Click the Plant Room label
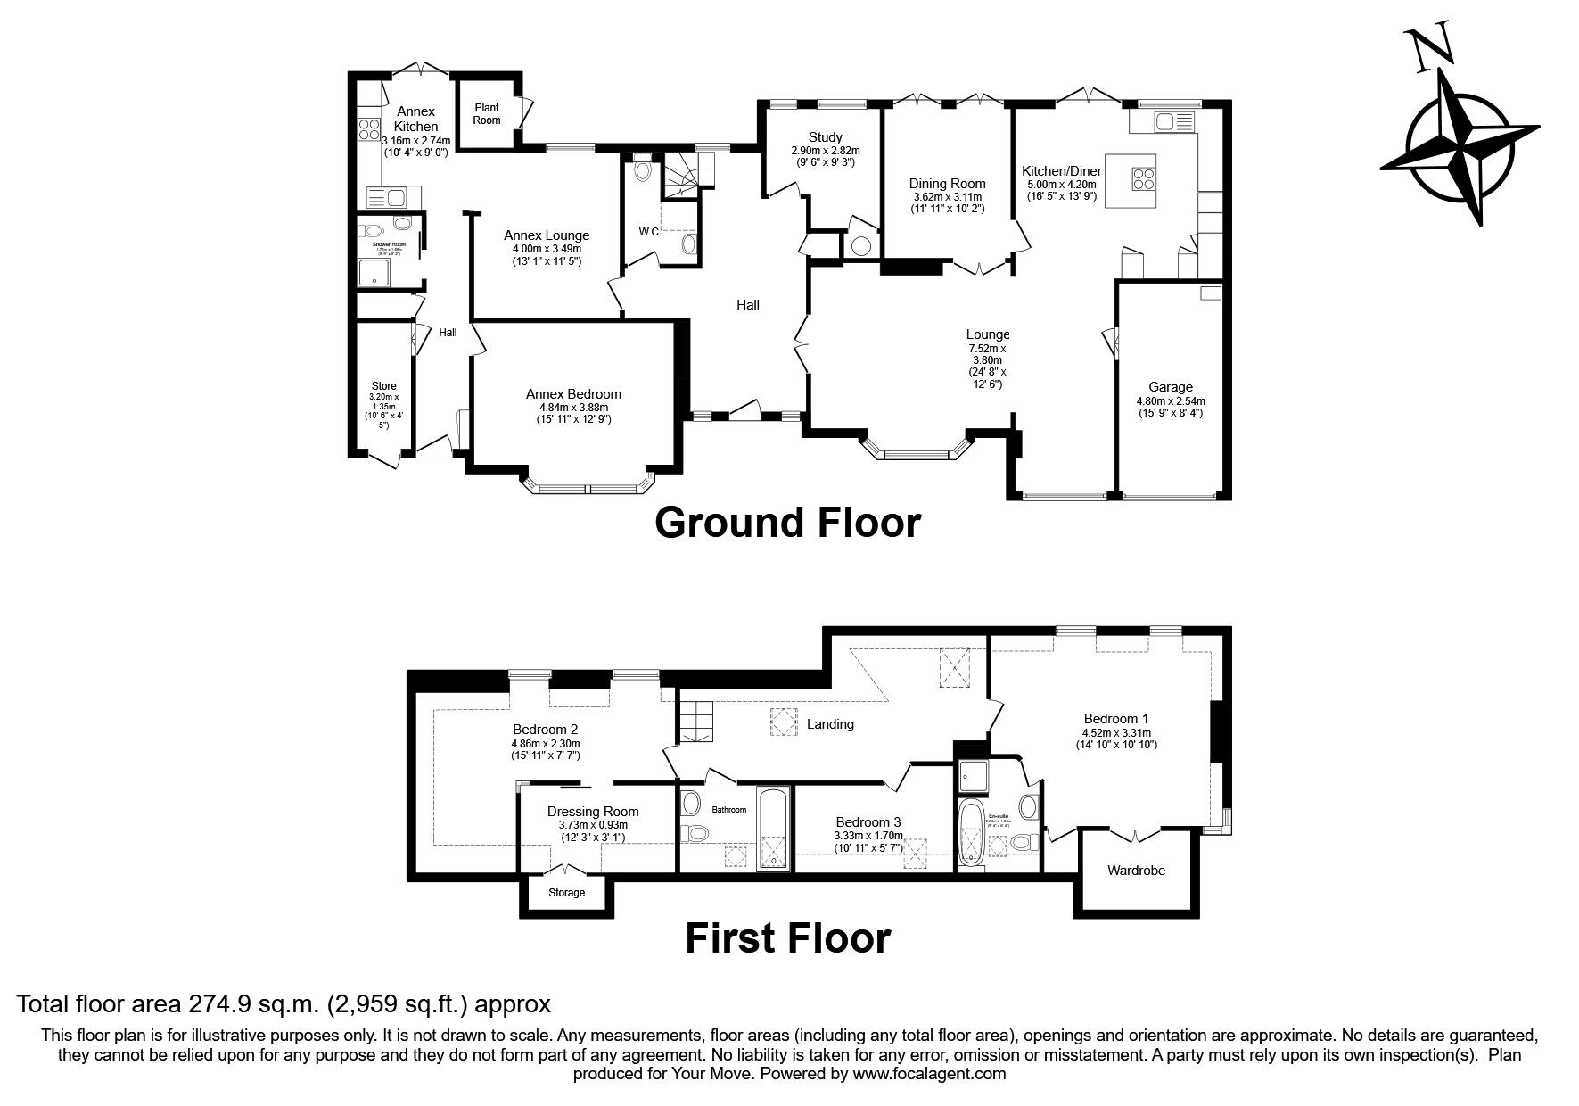click(x=486, y=113)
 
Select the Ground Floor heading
click(x=787, y=523)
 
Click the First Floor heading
click(x=787, y=938)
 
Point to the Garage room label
click(x=1170, y=387)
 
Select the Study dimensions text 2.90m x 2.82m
click(x=825, y=151)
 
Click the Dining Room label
click(x=947, y=184)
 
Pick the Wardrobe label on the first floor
click(x=1136, y=870)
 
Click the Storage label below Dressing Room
click(x=566, y=892)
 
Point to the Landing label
click(x=829, y=724)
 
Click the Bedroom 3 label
click(x=868, y=821)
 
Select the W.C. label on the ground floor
click(x=649, y=232)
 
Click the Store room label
click(x=384, y=386)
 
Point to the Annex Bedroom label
click(x=572, y=394)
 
